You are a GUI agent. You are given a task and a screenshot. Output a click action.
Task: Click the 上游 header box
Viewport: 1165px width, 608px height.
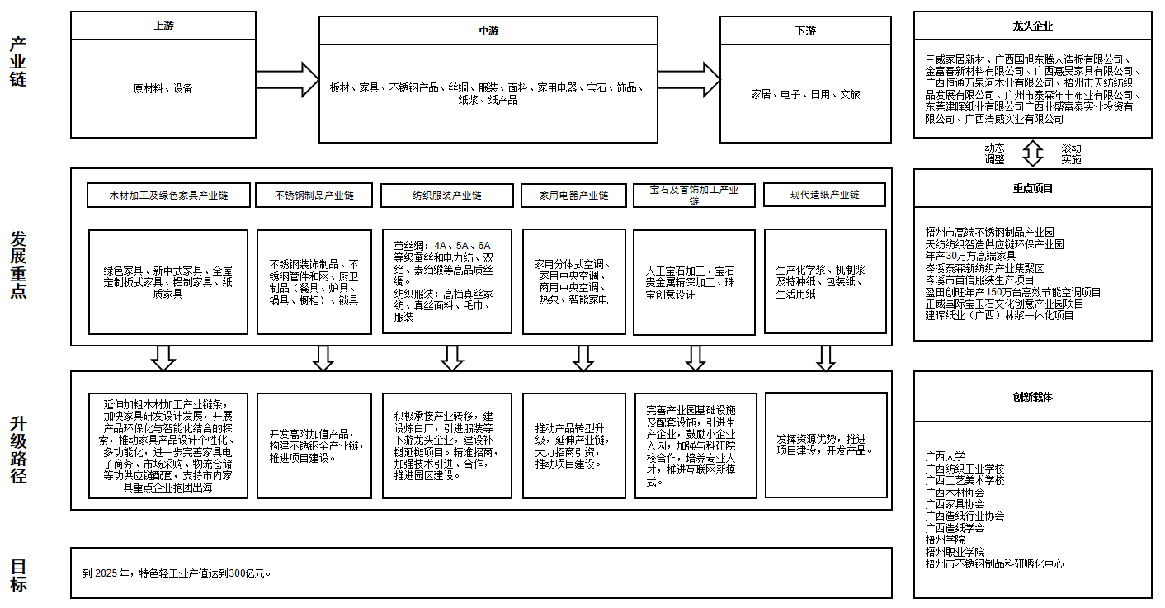(163, 26)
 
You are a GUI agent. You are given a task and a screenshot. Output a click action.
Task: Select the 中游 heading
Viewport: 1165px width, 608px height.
(488, 31)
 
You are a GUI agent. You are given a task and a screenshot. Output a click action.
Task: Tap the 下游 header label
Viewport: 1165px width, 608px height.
(805, 31)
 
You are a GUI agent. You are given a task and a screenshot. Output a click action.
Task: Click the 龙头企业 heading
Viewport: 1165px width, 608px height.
(1032, 26)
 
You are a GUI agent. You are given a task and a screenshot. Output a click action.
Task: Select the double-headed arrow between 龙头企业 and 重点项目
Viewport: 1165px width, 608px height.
(1033, 153)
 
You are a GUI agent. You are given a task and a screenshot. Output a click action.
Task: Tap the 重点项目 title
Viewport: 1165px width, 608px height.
(1032, 188)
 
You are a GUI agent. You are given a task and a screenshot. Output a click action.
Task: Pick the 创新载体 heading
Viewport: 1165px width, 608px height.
(1032, 397)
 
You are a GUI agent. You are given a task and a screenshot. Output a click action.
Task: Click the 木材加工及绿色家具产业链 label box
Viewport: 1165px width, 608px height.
(168, 196)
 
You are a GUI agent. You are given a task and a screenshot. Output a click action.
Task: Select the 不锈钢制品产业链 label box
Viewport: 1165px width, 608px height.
(314, 196)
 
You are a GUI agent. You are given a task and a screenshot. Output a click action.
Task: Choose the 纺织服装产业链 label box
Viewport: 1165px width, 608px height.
(446, 196)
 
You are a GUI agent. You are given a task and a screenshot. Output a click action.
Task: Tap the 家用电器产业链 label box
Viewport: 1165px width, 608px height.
(573, 196)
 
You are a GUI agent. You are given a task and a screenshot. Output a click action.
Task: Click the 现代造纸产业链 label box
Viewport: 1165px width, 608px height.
(824, 195)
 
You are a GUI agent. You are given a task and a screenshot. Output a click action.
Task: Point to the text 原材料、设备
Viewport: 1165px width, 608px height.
(163, 88)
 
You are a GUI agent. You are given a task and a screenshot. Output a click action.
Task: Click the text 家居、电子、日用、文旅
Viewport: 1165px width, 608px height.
(805, 94)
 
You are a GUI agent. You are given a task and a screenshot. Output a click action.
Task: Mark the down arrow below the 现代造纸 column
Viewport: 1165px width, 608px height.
(825, 358)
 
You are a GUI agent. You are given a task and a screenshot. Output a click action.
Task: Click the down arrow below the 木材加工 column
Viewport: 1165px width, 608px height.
(163, 358)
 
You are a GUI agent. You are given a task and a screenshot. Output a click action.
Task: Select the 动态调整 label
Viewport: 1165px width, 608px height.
(994, 153)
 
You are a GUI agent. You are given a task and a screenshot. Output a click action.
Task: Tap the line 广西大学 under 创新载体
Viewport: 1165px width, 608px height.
(945, 456)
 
